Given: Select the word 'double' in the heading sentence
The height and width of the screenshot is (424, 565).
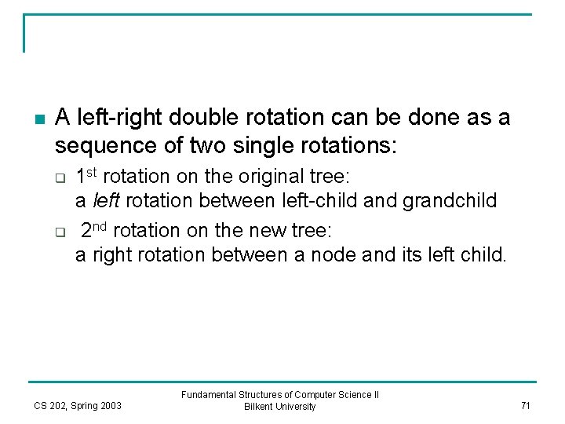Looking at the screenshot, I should (x=198, y=119).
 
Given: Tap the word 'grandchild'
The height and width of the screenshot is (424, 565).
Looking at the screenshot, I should (x=450, y=201).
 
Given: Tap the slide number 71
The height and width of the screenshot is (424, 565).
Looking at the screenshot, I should (x=525, y=405).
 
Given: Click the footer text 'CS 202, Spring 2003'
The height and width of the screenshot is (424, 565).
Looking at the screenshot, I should (x=78, y=406).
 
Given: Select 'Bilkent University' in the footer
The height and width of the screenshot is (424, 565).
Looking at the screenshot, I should (x=280, y=407).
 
